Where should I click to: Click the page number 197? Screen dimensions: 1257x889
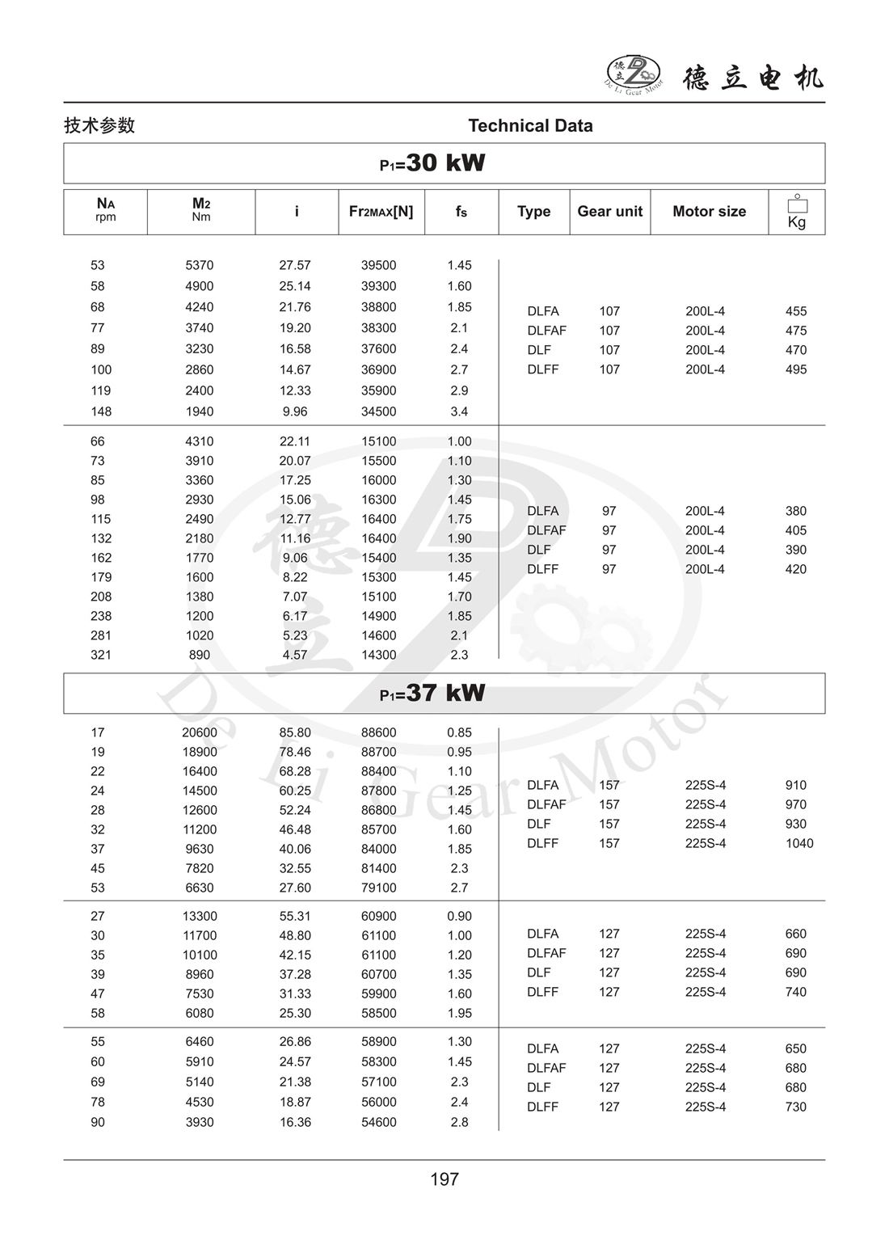click(444, 1179)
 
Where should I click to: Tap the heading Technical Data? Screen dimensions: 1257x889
click(530, 125)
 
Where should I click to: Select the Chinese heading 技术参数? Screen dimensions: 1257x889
click(99, 125)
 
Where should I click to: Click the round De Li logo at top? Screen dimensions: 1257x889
click(634, 74)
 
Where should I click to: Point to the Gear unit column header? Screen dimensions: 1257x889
click(609, 211)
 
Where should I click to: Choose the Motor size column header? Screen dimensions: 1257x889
click(709, 211)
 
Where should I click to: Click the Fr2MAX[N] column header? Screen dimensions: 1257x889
click(381, 211)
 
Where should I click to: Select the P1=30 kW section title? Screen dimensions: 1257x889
click(432, 163)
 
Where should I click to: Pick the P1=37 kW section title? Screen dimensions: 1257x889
click(432, 694)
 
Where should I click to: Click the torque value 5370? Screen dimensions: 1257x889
click(200, 265)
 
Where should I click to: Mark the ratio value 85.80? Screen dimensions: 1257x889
click(295, 732)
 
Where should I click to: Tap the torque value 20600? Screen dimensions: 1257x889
click(200, 732)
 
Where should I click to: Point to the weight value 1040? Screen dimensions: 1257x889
click(799, 843)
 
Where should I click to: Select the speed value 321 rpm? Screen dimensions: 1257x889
click(100, 655)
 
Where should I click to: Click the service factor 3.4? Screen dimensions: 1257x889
click(459, 411)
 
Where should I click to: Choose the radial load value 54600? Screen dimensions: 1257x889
click(379, 1122)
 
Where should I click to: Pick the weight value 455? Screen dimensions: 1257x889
click(796, 311)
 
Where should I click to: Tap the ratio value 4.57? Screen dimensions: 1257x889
click(295, 655)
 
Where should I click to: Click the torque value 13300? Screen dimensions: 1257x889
click(200, 916)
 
